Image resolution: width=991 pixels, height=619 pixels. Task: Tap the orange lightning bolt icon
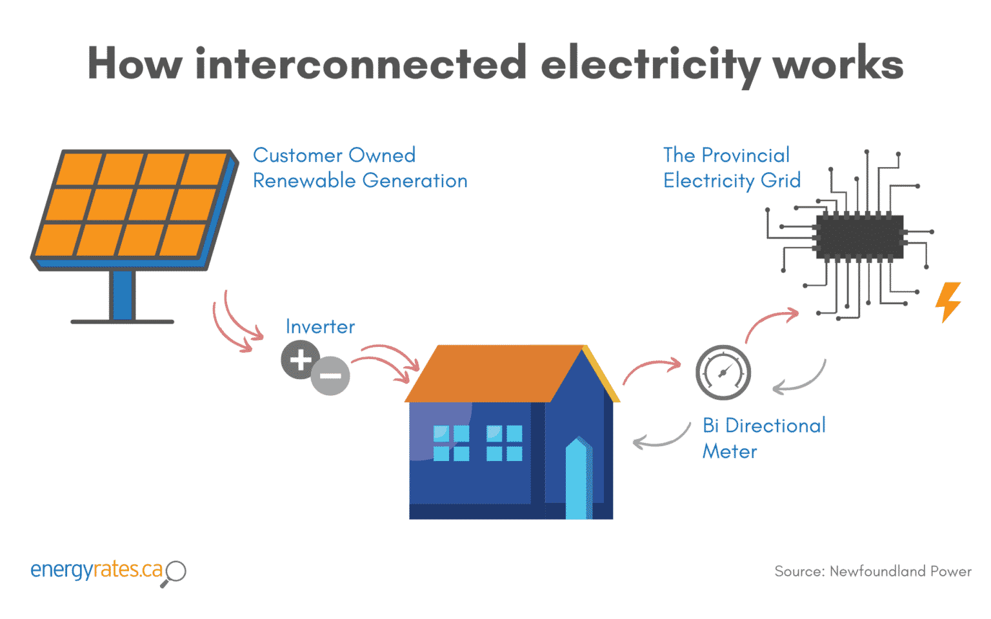(948, 301)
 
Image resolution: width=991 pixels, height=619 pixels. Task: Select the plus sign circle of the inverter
(300, 360)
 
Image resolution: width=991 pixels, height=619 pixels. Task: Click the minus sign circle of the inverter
(330, 376)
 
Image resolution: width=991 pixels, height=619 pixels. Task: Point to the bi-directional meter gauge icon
(723, 373)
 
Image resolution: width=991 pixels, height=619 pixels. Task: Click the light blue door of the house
(579, 480)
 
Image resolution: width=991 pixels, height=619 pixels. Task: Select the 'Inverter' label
(320, 327)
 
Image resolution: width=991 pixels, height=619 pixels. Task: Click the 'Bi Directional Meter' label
(763, 438)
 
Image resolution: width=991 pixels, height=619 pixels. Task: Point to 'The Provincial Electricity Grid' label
(731, 168)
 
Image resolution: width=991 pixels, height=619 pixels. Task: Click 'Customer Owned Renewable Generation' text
(359, 168)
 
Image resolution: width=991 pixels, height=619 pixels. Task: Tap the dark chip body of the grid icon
(859, 237)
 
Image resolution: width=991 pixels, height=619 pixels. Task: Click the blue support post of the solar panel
(122, 295)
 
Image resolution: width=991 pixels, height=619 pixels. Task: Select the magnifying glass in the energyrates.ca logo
(175, 572)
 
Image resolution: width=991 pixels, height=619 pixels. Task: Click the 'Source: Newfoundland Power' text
(872, 571)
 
